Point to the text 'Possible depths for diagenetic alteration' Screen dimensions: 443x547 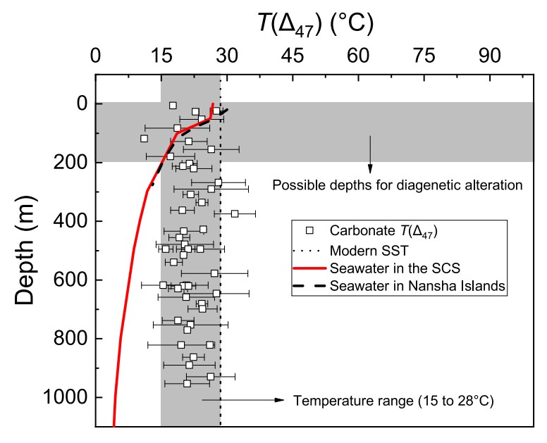point(397,186)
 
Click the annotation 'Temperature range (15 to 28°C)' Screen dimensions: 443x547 point(393,401)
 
